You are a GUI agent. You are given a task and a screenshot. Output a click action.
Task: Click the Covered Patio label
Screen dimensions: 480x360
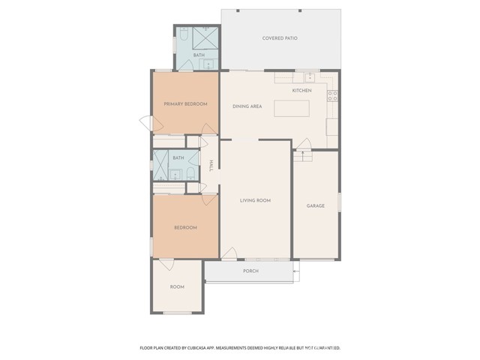[x=280, y=38]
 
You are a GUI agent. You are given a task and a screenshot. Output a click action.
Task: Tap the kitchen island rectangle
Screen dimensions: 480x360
[x=292, y=108]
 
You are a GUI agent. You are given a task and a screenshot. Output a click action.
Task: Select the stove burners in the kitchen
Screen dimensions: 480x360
[x=332, y=95]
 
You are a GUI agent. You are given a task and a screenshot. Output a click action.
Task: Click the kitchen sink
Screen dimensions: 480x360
[x=310, y=77]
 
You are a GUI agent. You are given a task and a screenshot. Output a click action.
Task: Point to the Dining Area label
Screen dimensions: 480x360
[x=247, y=106]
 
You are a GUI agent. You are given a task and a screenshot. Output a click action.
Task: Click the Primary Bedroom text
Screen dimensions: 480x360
[x=185, y=104]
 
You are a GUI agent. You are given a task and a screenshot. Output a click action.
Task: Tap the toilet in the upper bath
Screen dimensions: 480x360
[x=184, y=34]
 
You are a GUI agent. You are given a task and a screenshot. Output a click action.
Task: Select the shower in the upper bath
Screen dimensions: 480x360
[x=205, y=38]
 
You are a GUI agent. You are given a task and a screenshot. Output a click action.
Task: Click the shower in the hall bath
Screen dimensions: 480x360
[x=160, y=165]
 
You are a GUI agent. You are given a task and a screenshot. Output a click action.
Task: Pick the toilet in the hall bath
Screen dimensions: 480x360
[x=190, y=174]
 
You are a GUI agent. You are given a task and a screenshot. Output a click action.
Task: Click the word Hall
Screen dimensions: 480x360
[x=211, y=165]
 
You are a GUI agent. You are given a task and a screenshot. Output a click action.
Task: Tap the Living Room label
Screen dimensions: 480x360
[x=255, y=200]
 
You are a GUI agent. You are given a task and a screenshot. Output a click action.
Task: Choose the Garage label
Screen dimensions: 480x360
[x=316, y=206]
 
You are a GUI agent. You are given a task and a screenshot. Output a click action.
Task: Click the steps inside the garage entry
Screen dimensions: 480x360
[x=303, y=156]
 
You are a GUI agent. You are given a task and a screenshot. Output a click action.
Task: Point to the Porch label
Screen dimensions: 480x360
[x=250, y=271]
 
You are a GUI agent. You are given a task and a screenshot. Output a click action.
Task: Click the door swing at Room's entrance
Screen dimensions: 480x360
[x=167, y=265]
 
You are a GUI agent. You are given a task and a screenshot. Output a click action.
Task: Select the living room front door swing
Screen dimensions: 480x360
[x=229, y=253]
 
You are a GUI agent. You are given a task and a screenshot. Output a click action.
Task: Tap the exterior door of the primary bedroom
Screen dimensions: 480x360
[x=146, y=123]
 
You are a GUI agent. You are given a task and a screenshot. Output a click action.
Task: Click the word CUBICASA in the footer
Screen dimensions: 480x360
[x=200, y=348]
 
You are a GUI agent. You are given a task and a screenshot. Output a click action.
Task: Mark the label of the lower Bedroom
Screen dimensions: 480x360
[x=185, y=228]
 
